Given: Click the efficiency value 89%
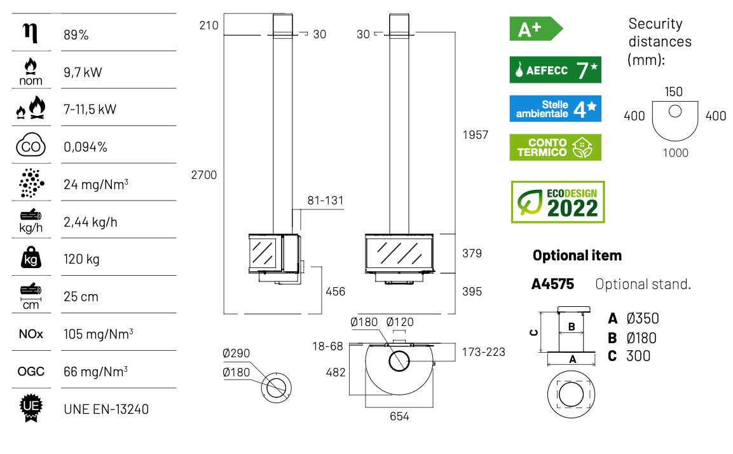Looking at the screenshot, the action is point(76,35).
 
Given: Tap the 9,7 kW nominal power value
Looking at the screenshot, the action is point(83,72).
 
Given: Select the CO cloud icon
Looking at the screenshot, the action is point(31,145).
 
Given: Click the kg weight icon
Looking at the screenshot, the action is point(31,257).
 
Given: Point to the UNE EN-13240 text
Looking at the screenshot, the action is point(106,409).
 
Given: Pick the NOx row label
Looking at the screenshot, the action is point(31,334).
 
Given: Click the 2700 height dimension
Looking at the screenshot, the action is point(204,175).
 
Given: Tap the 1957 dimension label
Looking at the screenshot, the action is point(476,135).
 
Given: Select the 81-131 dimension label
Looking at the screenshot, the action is point(325,201).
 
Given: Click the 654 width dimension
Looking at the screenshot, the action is point(399,416).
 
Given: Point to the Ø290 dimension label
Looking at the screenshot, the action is point(236,353).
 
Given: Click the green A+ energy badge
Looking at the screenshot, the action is point(536,29).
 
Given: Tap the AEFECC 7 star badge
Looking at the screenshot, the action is point(556,70).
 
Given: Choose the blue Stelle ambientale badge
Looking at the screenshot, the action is point(556,109).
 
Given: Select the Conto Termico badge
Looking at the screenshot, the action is point(556,148).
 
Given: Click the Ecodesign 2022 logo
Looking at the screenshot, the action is point(558,202).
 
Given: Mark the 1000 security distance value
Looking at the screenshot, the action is point(676,153).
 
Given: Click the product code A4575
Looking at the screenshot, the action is point(552,284).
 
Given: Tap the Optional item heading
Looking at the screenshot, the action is point(577,255).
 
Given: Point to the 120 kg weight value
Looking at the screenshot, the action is point(81,259).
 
